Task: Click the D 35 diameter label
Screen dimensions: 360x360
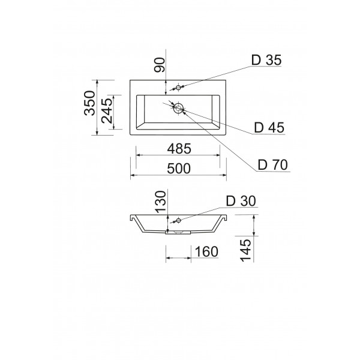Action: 266,60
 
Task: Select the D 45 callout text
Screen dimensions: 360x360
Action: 269,128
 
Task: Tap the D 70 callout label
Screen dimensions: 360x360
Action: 272,164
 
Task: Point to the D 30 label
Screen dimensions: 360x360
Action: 241,201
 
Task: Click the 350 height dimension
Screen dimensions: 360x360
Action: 90,103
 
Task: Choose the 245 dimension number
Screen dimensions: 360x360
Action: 107,111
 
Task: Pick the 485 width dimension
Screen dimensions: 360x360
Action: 179,149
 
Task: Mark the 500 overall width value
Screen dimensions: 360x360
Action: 179,169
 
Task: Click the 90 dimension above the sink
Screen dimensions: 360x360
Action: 160,65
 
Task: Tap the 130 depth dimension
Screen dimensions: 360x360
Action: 160,202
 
